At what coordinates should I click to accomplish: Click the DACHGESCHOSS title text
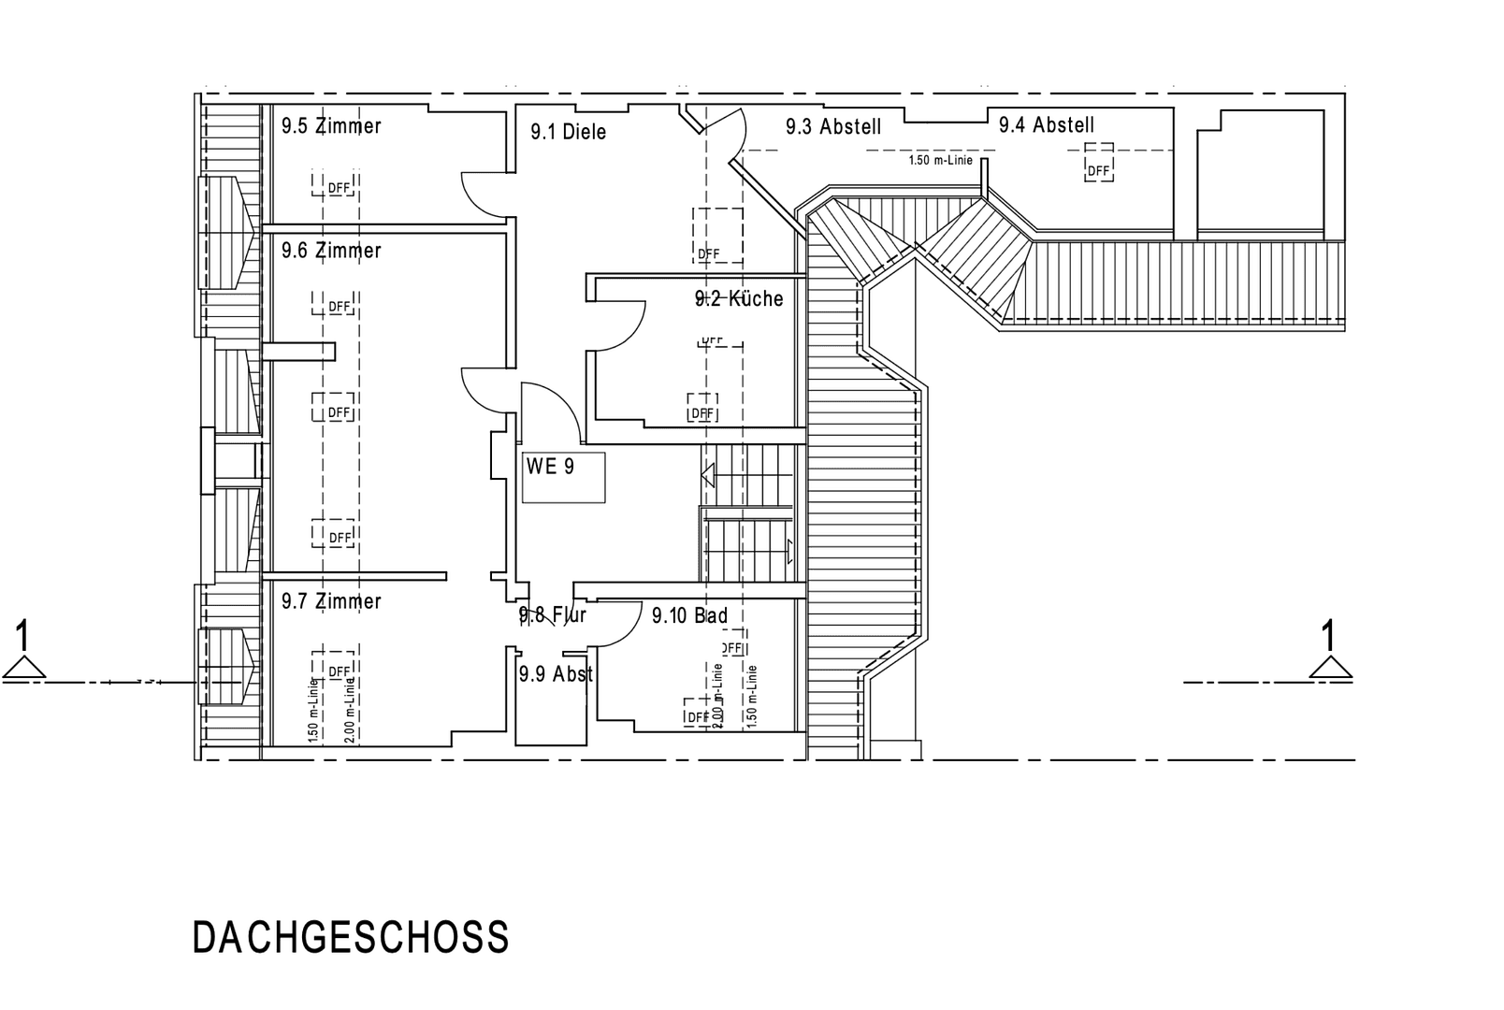point(351,938)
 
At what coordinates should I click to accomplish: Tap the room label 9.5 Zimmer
point(331,126)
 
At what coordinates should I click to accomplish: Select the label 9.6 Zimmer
point(331,251)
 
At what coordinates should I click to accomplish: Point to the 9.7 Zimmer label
point(331,600)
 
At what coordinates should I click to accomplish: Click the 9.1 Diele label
point(568,132)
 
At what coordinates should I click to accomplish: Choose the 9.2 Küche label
point(739,299)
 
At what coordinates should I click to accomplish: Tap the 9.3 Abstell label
point(833,127)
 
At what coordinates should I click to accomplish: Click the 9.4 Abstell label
point(1046,124)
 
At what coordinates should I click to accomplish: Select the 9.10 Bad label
point(689,615)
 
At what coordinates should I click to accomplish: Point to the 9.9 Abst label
point(556,674)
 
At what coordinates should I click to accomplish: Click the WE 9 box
point(563,477)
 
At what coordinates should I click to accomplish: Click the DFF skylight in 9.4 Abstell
point(1098,169)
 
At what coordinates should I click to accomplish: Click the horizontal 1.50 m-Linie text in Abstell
point(940,160)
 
